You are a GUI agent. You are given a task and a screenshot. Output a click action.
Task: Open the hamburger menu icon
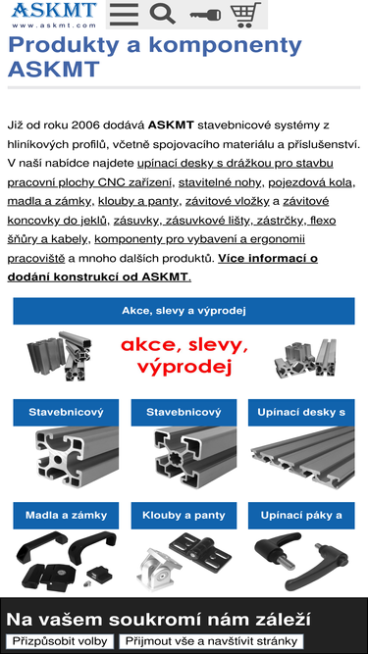(x=124, y=14)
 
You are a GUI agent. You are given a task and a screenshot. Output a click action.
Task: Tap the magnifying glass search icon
(x=163, y=14)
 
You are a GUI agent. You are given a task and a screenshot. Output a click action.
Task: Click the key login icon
(x=205, y=15)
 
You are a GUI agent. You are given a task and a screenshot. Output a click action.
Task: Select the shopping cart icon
(x=247, y=14)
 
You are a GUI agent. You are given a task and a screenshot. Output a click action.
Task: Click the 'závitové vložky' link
(x=234, y=200)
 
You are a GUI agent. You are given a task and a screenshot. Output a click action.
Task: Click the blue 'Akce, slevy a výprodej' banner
(x=184, y=311)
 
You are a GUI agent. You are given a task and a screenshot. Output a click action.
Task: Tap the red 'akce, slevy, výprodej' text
(x=184, y=356)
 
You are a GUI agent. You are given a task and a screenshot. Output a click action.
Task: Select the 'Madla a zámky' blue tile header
(x=67, y=515)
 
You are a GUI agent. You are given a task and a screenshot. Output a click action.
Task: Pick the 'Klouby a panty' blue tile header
(x=184, y=515)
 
